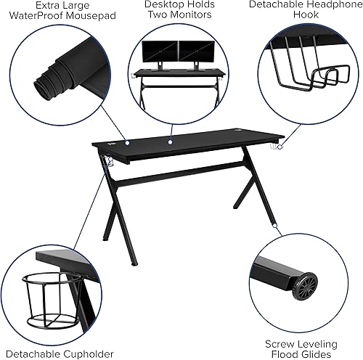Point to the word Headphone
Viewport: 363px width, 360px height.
[x=327, y=4]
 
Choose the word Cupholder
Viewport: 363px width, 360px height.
[x=86, y=353]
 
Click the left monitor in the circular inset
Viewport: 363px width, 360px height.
[x=157, y=52]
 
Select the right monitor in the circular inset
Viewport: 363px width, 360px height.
[x=193, y=52]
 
